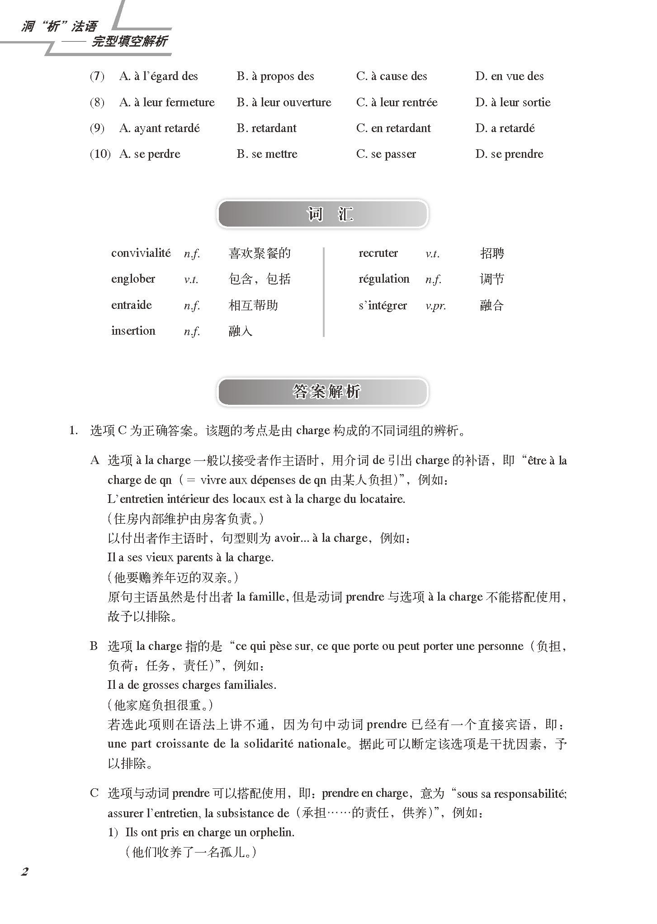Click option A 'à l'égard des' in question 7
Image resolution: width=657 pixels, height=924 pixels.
click(158, 76)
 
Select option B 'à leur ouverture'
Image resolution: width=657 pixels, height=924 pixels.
click(284, 103)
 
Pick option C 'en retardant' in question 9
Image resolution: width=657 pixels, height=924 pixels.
click(393, 128)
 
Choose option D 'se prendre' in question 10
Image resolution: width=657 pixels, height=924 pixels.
click(509, 154)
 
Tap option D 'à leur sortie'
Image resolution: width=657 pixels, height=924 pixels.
click(513, 103)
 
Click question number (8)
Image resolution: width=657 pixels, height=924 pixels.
click(97, 103)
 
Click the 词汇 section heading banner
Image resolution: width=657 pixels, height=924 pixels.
click(322, 214)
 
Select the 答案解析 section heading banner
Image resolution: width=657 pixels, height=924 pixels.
click(322, 392)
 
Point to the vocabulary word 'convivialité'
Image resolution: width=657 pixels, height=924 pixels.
click(141, 253)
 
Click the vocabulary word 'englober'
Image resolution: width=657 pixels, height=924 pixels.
click(133, 279)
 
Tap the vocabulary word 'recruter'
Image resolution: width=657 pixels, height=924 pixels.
click(378, 253)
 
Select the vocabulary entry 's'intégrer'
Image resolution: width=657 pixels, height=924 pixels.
click(383, 306)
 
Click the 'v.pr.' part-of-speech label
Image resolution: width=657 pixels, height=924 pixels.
click(435, 306)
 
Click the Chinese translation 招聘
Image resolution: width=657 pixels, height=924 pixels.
click(492, 253)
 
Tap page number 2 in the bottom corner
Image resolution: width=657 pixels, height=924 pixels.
click(25, 872)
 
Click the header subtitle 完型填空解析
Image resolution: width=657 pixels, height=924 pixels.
click(129, 42)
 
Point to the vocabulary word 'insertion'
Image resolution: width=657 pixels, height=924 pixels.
click(133, 331)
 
